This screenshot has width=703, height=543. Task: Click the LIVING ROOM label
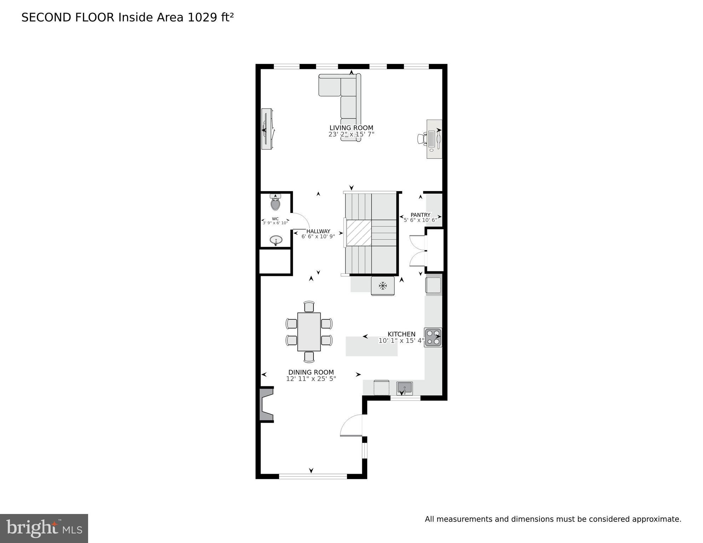click(x=351, y=128)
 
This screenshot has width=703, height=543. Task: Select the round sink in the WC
click(x=276, y=241)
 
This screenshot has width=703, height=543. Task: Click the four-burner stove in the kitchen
click(x=433, y=337)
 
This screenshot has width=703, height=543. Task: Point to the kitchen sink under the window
click(x=404, y=387)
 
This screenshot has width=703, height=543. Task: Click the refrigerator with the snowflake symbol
click(x=382, y=286)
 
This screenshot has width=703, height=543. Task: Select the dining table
click(x=309, y=331)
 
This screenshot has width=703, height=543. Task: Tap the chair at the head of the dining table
click(x=309, y=306)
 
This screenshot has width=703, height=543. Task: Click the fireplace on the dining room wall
click(x=266, y=404)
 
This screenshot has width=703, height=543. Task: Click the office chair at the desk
click(x=422, y=138)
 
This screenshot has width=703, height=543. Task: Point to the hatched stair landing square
click(x=358, y=232)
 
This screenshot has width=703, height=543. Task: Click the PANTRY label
click(x=420, y=215)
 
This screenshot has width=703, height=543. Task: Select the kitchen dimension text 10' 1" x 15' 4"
click(x=401, y=341)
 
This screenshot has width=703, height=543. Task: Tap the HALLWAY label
click(x=318, y=231)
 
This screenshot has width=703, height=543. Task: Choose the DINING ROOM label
click(x=311, y=372)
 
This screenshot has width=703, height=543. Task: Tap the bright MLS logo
click(x=44, y=528)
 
